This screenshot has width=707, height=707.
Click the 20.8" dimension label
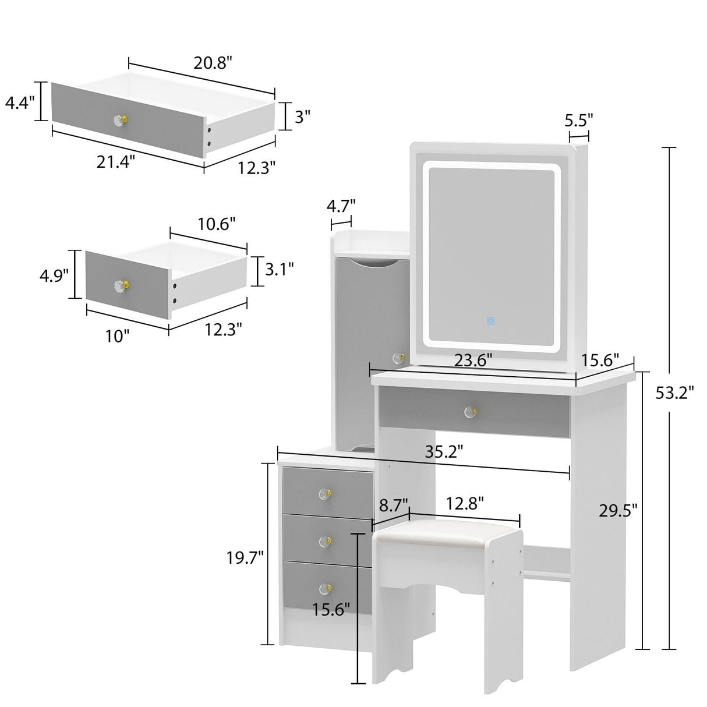213,63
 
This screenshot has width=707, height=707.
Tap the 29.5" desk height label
618,510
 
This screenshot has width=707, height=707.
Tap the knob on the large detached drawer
119,119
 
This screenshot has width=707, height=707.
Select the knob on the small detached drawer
121,285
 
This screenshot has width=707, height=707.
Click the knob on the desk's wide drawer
470,412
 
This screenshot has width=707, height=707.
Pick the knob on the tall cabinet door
398,358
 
